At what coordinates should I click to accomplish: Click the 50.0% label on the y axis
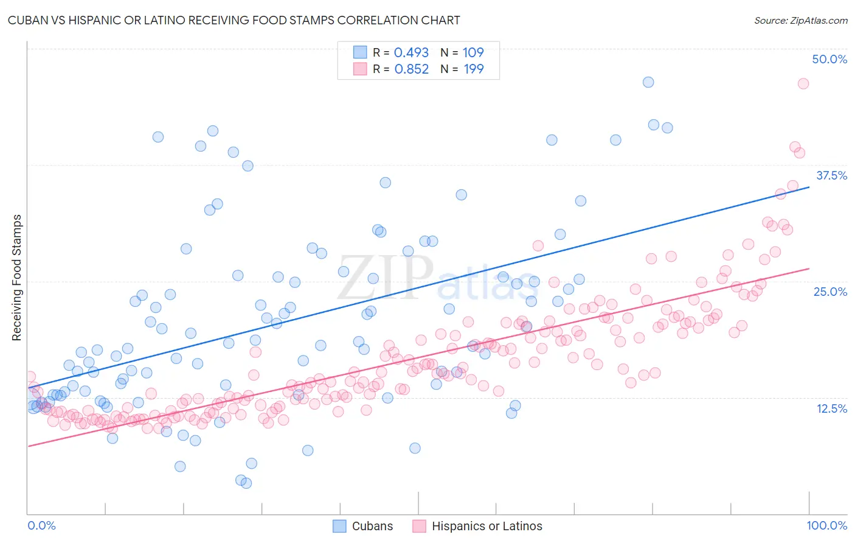829,59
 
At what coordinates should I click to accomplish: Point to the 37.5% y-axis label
831,175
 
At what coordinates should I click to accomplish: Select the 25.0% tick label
830,292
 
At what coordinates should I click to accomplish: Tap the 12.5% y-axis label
831,408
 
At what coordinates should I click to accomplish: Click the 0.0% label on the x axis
41,525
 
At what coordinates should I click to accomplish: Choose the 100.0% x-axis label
826,525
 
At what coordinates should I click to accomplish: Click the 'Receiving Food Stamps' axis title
17,278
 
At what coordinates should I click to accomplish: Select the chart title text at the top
234,20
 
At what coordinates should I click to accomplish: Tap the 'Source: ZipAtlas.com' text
800,20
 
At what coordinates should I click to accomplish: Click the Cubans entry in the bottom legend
372,526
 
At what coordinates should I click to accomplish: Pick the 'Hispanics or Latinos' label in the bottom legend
486,526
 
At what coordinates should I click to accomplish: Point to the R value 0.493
411,52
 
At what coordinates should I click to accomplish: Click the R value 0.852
411,69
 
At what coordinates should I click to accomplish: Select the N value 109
473,52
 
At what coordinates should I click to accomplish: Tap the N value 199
473,69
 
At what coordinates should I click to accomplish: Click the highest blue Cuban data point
648,82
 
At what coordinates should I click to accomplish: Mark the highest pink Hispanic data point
803,83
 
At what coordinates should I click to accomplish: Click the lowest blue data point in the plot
246,483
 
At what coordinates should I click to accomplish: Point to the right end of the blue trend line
809,187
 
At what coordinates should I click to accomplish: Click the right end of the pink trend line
809,268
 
